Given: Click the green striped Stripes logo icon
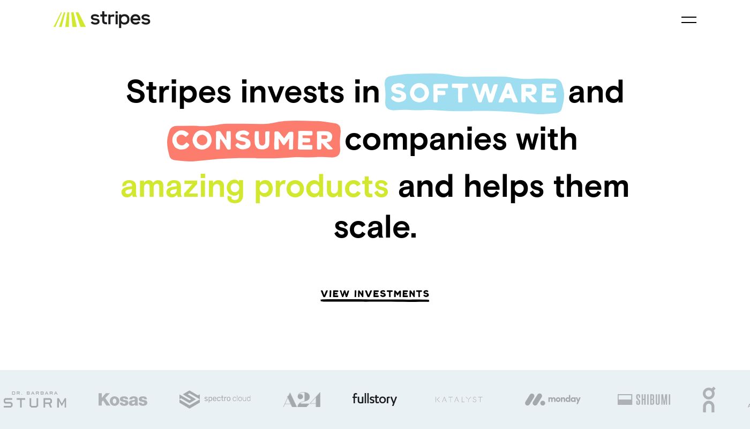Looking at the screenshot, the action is [70, 19].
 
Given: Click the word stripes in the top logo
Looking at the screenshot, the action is [121, 19].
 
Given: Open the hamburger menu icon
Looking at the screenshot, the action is [689, 20].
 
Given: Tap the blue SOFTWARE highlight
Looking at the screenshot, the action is [474, 93].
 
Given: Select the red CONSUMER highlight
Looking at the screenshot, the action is [254, 140].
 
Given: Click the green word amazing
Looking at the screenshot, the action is [183, 187].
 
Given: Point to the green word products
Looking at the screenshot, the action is [321, 187].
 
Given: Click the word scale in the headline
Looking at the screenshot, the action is [376, 227].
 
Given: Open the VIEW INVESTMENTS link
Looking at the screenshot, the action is [374, 294].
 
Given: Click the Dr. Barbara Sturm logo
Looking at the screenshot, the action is [35, 399].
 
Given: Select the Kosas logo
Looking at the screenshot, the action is [123, 400].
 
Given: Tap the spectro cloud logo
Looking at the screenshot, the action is [215, 399].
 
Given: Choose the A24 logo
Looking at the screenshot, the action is [302, 400].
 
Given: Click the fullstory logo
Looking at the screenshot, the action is [374, 399].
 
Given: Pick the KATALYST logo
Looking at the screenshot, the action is [459, 400].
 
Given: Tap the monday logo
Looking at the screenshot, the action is [552, 400].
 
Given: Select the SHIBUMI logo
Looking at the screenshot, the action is [644, 400].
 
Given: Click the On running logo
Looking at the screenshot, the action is [709, 400].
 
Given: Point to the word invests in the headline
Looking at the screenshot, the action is [292, 92].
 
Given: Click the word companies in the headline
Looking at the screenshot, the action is [426, 140].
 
